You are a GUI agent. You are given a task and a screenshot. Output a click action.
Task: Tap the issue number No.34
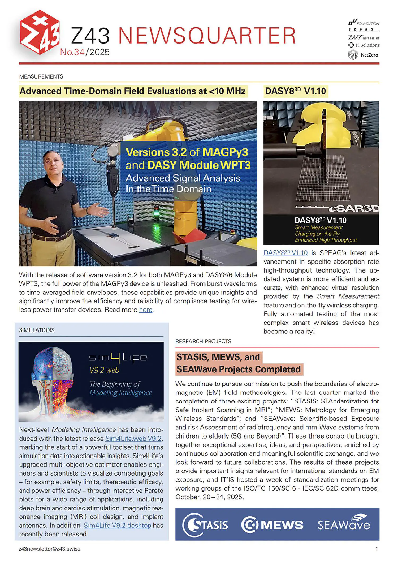72,52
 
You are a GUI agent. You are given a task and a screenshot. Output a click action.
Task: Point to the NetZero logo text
369,55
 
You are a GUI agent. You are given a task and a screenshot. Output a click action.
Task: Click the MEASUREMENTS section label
41,77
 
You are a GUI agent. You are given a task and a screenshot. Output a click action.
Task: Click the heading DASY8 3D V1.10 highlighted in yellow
295,91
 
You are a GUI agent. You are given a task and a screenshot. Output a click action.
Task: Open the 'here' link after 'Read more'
146,310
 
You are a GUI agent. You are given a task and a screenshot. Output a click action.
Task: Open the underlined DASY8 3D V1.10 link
285,253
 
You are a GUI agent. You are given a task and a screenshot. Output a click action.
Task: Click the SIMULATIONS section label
37,330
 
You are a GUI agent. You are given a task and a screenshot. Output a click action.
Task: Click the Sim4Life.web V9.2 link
133,439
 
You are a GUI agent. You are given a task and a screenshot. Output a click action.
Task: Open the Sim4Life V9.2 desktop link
118,525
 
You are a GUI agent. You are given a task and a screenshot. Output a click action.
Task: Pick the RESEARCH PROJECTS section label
203,341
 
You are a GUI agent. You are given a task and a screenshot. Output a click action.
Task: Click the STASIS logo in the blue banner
205,525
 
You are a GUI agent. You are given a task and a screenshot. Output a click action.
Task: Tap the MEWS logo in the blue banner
272,525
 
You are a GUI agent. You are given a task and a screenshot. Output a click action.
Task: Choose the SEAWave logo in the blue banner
344,524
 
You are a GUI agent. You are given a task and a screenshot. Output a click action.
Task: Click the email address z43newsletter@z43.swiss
49,549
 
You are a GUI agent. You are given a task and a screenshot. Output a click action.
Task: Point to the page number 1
377,549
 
